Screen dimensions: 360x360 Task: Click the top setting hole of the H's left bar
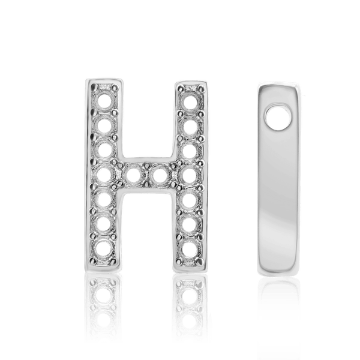pyautogui.click(x=106, y=95)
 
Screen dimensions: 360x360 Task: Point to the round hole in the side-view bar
pyautogui.click(x=277, y=115)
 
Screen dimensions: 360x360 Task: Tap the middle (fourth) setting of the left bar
pyautogui.click(x=106, y=175)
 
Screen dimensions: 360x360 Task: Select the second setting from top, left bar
pyautogui.click(x=106, y=124)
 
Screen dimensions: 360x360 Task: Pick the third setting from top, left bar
pyautogui.click(x=106, y=148)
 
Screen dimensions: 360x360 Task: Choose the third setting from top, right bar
pyautogui.click(x=190, y=149)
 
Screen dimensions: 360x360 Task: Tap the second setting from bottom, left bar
pyautogui.click(x=106, y=224)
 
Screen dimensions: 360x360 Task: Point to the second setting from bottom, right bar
pyautogui.click(x=190, y=224)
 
